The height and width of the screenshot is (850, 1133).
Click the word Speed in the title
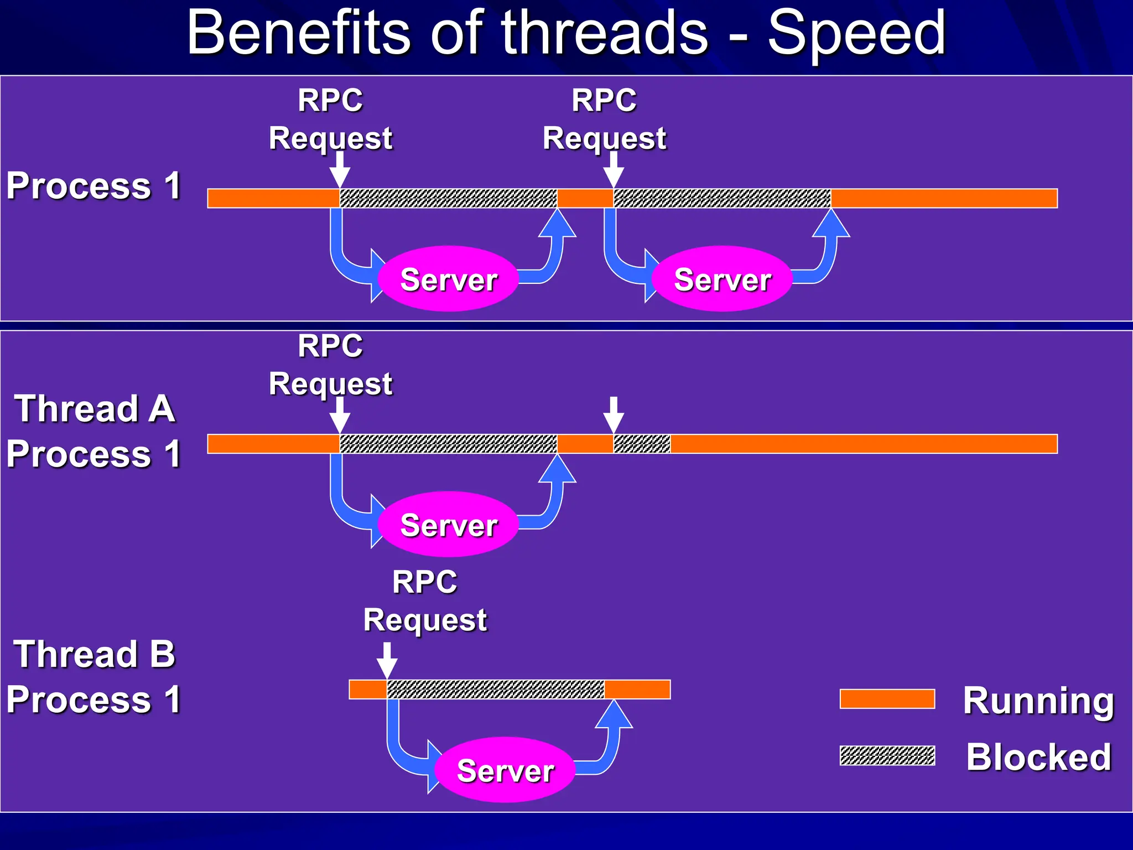856,34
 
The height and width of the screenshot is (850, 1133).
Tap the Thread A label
95,408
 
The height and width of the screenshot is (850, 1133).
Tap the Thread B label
95,654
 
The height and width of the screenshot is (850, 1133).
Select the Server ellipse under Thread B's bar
505,770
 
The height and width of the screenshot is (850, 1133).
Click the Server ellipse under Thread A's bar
448,524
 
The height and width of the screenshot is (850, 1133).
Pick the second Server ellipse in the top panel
722,278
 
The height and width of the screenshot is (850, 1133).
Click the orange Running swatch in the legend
887,698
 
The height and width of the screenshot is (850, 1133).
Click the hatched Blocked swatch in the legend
887,755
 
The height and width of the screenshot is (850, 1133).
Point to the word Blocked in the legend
1038,756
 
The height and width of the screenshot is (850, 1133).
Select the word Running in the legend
1038,700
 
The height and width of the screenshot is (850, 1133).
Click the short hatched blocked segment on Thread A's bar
642,444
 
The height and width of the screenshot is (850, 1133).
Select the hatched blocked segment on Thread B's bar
495,690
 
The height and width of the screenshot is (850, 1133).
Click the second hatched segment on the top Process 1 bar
722,198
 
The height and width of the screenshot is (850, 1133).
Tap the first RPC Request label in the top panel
330,119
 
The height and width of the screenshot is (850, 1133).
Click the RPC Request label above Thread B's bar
425,600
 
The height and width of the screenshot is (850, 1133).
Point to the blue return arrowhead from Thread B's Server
614,714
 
